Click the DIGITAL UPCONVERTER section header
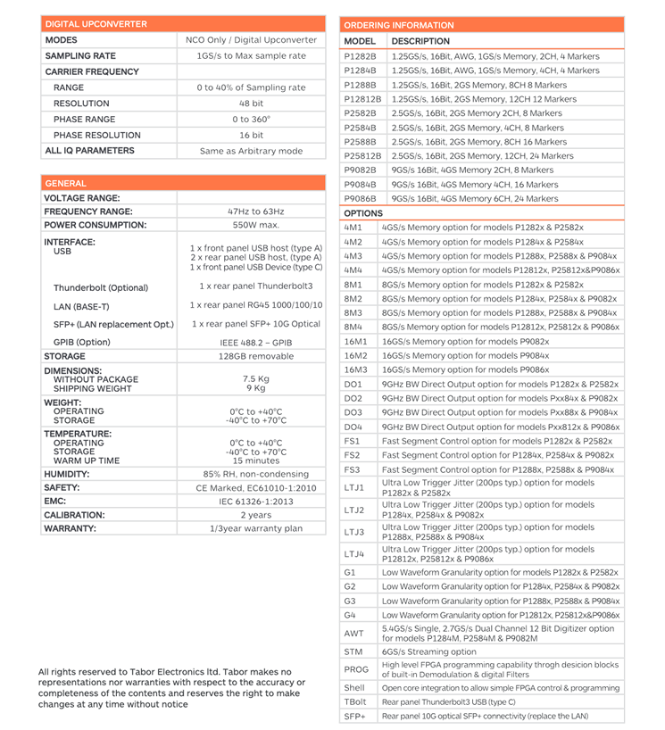click(96, 24)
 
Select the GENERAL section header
click(66, 183)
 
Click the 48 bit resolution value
click(251, 104)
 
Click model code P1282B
click(360, 55)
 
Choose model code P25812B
click(362, 155)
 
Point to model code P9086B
click(360, 198)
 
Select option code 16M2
click(354, 355)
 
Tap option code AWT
click(353, 633)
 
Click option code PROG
click(356, 669)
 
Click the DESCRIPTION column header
click(420, 41)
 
